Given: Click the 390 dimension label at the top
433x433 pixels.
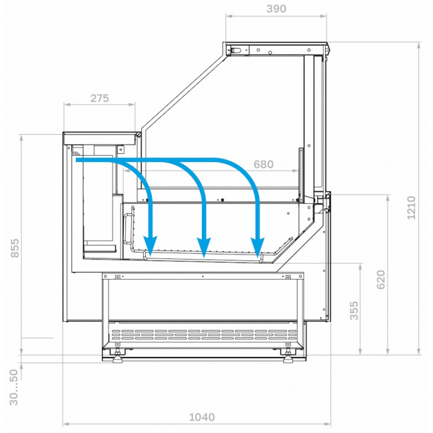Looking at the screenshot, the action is point(276,9).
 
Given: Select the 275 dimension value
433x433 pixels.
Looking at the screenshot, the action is point(99,99).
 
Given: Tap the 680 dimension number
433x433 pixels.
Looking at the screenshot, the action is point(263,165).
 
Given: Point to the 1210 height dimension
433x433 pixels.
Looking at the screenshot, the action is point(411,208).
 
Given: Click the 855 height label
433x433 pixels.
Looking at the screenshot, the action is point(15,248).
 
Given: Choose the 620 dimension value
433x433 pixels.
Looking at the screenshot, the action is point(380,280).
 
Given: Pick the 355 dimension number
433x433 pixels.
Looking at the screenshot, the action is point(354,310).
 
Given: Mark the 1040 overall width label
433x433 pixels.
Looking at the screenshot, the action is point(202,417).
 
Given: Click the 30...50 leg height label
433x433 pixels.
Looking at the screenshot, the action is point(13,388).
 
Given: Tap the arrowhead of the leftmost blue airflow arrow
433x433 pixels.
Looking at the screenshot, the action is point(151,246).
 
